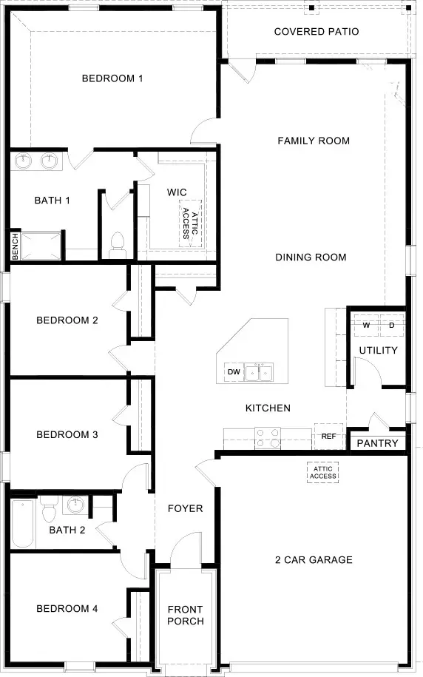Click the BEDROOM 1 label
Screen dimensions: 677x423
[x=112, y=78]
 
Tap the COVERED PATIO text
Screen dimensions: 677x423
[x=317, y=32]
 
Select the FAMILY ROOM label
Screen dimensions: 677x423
[x=314, y=141]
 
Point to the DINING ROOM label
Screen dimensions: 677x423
[x=311, y=257]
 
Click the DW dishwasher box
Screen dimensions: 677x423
[x=234, y=371]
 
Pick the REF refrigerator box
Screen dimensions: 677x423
[x=328, y=437]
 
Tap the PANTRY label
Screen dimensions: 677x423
[x=377, y=443]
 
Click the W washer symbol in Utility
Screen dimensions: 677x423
[x=366, y=325]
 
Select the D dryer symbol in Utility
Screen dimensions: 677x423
[x=391, y=325]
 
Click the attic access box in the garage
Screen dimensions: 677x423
[x=324, y=472]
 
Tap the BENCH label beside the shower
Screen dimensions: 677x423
[x=15, y=246]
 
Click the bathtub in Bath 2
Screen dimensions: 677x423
[x=23, y=524]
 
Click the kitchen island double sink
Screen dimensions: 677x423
[x=259, y=372]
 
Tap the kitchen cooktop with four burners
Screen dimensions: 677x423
[x=268, y=439]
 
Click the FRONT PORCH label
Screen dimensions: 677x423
[x=185, y=616]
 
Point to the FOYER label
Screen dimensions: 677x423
[x=185, y=509]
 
